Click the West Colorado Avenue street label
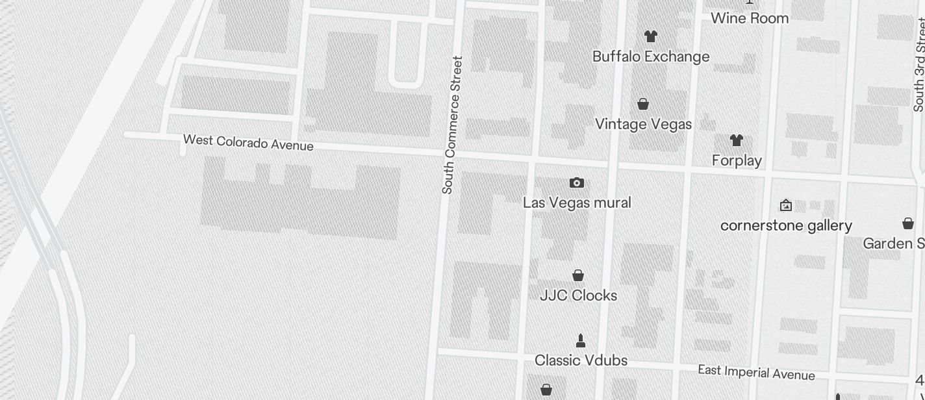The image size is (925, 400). (x=248, y=142)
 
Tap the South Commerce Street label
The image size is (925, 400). (x=452, y=125)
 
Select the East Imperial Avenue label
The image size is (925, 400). (x=756, y=373)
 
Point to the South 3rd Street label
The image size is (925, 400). (x=919, y=65)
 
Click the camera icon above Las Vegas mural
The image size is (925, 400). (x=576, y=183)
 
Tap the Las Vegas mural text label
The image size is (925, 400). (x=577, y=203)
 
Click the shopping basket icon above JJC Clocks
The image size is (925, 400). (x=578, y=276)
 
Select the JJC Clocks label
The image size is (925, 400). (x=578, y=295)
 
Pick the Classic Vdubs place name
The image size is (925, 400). (x=581, y=360)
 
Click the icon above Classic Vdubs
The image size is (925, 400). (x=581, y=340)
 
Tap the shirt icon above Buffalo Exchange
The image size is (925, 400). (x=650, y=36)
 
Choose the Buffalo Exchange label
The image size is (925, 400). (x=651, y=56)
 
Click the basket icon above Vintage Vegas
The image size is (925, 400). (x=643, y=104)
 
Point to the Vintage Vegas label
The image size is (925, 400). (x=643, y=124)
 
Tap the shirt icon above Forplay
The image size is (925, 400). (x=736, y=140)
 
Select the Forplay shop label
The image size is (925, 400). (x=737, y=160)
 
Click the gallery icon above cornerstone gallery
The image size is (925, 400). (x=785, y=205)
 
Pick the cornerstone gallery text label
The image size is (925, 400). (x=786, y=225)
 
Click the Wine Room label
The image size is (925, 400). (x=750, y=18)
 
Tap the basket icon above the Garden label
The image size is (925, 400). (x=908, y=224)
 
